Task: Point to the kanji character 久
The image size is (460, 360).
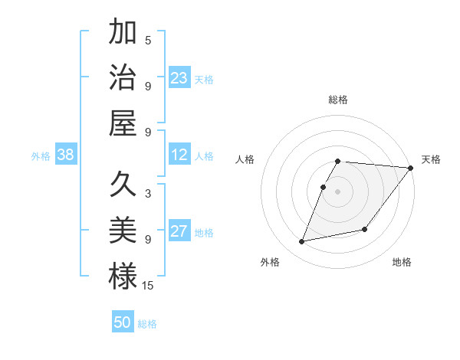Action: click(x=123, y=185)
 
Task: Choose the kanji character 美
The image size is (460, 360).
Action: click(x=123, y=230)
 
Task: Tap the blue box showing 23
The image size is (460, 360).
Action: click(x=179, y=77)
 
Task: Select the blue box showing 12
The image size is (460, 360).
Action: click(x=179, y=155)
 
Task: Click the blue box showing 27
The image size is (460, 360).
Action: click(x=179, y=231)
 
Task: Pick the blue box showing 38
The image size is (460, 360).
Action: click(x=66, y=155)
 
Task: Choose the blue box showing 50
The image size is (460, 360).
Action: click(x=123, y=322)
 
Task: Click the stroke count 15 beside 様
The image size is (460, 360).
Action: click(x=148, y=285)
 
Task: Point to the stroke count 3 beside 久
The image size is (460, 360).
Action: click(x=148, y=195)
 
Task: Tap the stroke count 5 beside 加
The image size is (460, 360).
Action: click(x=148, y=41)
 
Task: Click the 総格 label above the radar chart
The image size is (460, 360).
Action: click(x=338, y=100)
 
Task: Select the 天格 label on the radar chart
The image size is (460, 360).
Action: click(x=431, y=159)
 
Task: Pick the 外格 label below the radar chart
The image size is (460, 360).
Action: click(x=270, y=262)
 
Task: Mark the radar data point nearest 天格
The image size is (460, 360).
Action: click(x=410, y=168)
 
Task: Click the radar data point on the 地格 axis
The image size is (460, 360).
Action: click(x=365, y=229)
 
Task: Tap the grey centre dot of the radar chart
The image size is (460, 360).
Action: click(x=338, y=191)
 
